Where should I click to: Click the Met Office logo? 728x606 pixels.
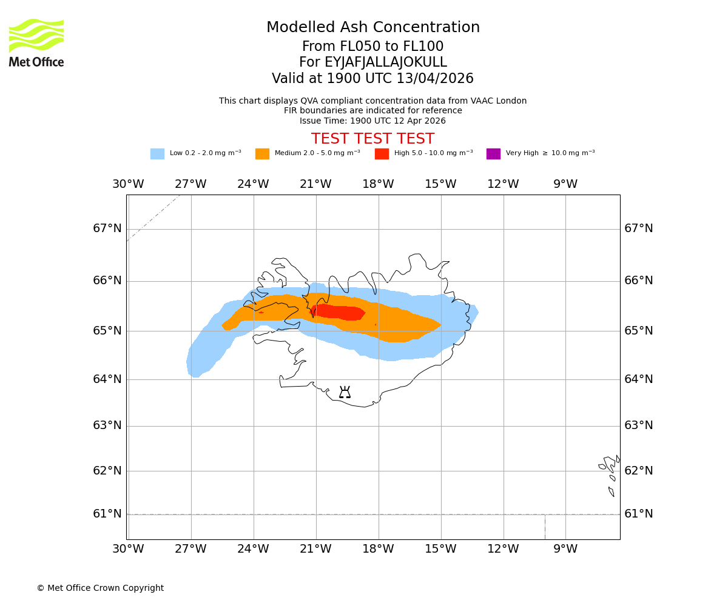(36, 42)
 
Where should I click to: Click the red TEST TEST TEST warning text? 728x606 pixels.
(372, 139)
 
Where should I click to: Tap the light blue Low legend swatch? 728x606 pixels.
(157, 154)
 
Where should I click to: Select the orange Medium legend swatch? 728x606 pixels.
(262, 154)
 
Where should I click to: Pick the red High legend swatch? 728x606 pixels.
(382, 154)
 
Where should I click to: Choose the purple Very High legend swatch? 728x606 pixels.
(493, 154)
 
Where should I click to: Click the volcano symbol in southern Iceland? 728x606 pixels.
(345, 393)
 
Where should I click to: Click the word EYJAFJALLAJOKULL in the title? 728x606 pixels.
(386, 62)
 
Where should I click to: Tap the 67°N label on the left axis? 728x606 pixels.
(107, 228)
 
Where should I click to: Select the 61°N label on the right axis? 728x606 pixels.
(639, 514)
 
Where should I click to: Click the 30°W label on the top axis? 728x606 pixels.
(128, 184)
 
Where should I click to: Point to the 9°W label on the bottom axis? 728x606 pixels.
(565, 550)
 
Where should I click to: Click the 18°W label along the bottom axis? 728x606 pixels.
(378, 550)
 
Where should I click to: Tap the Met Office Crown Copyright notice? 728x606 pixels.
(100, 588)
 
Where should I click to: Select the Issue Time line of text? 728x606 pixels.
(372, 121)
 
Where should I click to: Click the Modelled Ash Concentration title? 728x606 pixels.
(372, 28)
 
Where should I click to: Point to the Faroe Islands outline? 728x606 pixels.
(610, 473)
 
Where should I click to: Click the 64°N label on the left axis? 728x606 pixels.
(107, 379)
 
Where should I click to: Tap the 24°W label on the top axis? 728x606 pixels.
(253, 184)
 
